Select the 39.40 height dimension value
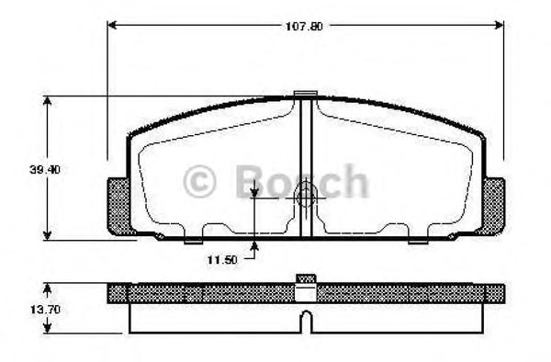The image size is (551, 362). click(45, 169)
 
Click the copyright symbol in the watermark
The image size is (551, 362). click(201, 181)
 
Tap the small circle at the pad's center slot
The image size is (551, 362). click(307, 195)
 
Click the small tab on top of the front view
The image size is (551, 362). click(305, 94)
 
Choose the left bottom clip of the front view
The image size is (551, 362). click(193, 240)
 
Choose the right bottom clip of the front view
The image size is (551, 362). click(418, 240)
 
